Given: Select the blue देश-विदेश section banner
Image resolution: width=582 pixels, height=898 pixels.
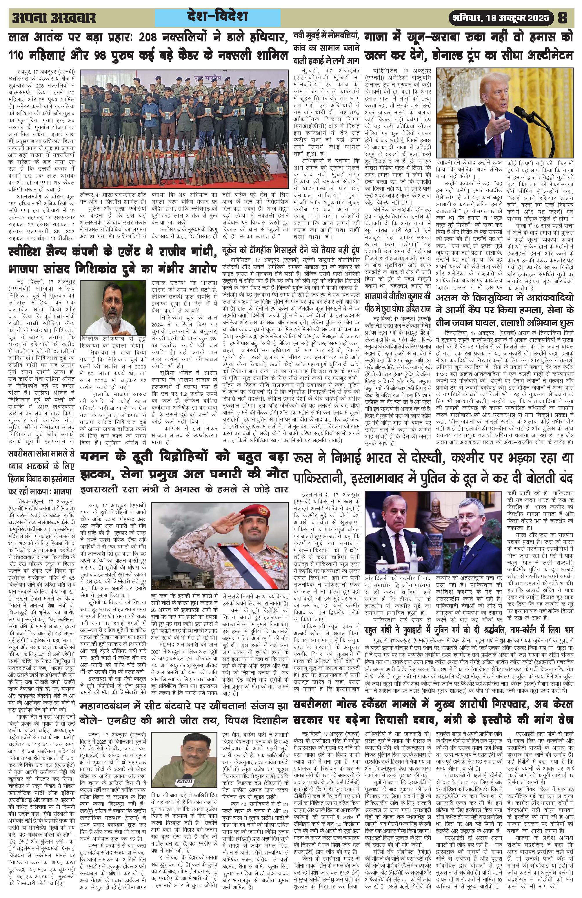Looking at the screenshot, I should (x=218, y=17).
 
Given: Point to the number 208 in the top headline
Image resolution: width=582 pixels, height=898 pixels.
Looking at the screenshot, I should (x=153, y=38).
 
